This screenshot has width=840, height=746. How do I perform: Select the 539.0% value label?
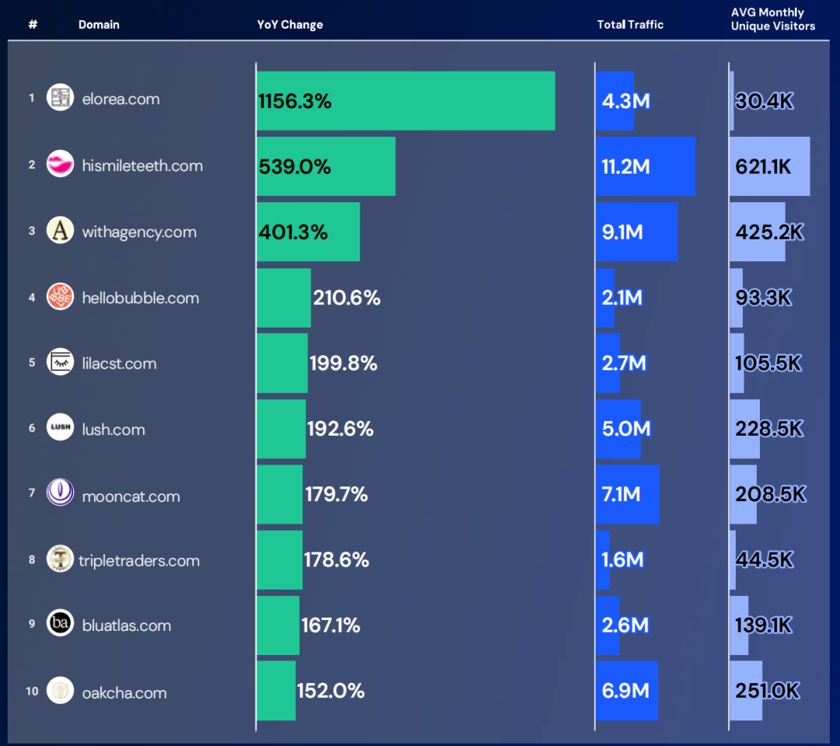295,166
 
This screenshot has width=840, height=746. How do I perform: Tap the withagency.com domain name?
139,232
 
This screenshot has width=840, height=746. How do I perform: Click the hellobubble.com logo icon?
60,297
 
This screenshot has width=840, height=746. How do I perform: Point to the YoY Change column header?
290,25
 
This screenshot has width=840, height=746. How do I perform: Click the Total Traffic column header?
630,25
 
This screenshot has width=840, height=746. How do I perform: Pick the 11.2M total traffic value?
625,166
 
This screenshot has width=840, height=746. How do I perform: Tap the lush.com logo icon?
60,429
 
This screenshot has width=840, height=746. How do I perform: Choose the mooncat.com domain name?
131,496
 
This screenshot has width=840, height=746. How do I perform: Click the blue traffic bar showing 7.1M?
627,495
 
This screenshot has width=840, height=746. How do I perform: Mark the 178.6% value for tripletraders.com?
337,560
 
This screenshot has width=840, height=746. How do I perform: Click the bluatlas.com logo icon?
60,625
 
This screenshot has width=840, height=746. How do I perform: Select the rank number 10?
32,691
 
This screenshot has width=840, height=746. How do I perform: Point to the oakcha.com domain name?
124,692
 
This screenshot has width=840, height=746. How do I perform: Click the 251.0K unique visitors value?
767,691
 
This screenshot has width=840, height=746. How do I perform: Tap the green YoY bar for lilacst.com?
282,363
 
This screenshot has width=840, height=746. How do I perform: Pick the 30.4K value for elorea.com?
764,100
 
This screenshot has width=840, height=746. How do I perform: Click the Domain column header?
99,25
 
